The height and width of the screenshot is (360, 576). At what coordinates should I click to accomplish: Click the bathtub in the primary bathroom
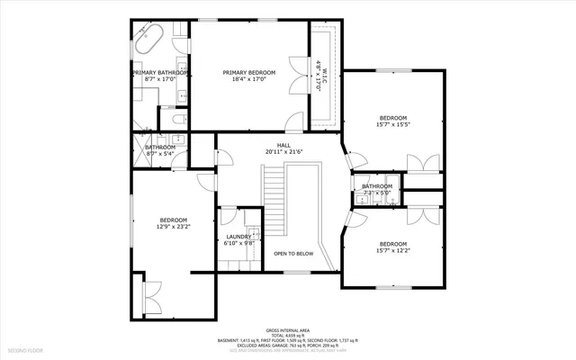coord(148,41)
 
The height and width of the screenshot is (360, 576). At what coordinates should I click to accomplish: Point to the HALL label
coord(283,146)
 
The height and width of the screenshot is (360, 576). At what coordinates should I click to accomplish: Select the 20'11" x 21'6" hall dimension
coord(283,153)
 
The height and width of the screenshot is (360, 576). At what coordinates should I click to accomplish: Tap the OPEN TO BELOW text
coord(293,254)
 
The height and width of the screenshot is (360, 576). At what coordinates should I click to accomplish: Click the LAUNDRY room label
coord(238,236)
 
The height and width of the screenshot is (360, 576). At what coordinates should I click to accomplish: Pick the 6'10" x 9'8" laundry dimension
coord(238,243)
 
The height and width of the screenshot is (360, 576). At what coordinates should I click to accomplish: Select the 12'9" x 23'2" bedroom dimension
coord(174,228)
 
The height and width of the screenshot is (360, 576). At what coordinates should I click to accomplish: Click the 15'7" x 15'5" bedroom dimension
coord(393,125)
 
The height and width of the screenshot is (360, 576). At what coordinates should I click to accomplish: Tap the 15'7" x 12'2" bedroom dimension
coord(393,251)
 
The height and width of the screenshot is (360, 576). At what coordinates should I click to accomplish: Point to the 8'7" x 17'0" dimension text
coord(159,79)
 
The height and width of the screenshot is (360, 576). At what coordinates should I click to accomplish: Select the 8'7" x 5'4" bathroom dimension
coord(160,154)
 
